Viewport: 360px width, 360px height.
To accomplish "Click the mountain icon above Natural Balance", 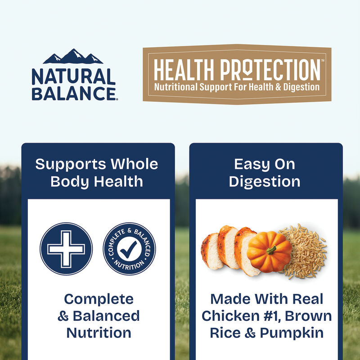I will point(73,57).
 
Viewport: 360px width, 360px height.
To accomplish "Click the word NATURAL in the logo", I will point(73,77).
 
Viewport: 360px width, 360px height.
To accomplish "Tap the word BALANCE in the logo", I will point(73,93).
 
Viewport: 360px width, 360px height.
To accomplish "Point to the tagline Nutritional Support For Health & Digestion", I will point(237,86).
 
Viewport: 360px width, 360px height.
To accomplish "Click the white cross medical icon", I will point(66,248).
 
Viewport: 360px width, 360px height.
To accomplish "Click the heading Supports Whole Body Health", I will point(97,172).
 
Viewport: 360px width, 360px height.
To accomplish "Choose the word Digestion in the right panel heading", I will point(264,181).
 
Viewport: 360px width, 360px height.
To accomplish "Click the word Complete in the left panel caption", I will point(99,299).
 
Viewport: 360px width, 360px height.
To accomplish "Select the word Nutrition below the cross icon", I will point(99,333).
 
